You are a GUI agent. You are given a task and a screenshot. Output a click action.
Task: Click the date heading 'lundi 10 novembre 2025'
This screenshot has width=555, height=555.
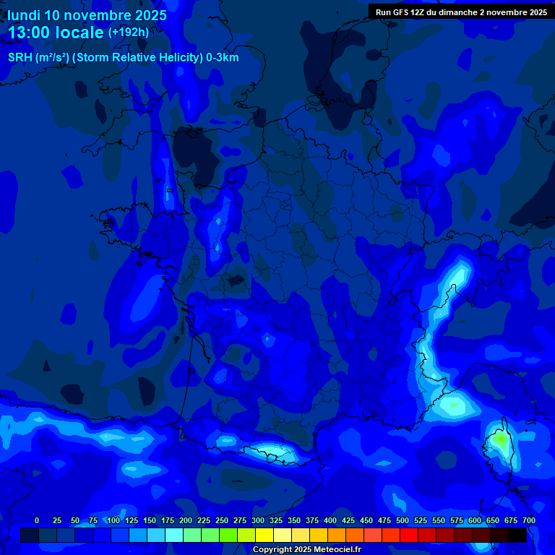point(87,15)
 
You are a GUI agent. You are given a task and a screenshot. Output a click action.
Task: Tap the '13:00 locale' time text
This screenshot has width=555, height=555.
point(56,33)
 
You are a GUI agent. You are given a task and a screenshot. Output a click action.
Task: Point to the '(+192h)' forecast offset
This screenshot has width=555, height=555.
point(129,33)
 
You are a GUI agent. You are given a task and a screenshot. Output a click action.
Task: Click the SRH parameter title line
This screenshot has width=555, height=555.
point(123,58)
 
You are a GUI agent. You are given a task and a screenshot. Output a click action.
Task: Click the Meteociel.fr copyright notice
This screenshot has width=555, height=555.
point(306,549)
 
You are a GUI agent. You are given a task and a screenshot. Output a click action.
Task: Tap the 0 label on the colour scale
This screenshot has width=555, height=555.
point(37,520)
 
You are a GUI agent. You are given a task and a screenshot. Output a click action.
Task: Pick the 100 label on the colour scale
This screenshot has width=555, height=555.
point(113,520)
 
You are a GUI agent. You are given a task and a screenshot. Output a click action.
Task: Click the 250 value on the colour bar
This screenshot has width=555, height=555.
point(222,520)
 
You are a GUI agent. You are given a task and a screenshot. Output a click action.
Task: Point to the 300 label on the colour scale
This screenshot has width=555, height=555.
point(258,520)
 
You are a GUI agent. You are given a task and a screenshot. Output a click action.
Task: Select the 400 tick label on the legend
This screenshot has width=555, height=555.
point(330,520)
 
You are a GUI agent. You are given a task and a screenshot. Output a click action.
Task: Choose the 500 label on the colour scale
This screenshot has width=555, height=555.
point(403,520)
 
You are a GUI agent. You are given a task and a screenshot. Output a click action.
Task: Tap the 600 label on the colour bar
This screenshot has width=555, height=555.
point(475,520)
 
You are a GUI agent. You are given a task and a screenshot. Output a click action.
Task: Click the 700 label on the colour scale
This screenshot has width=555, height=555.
point(529,520)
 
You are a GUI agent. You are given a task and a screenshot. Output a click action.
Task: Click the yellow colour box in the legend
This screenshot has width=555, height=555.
point(264,535)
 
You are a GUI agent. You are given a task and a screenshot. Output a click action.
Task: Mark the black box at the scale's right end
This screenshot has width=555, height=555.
point(517,535)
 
